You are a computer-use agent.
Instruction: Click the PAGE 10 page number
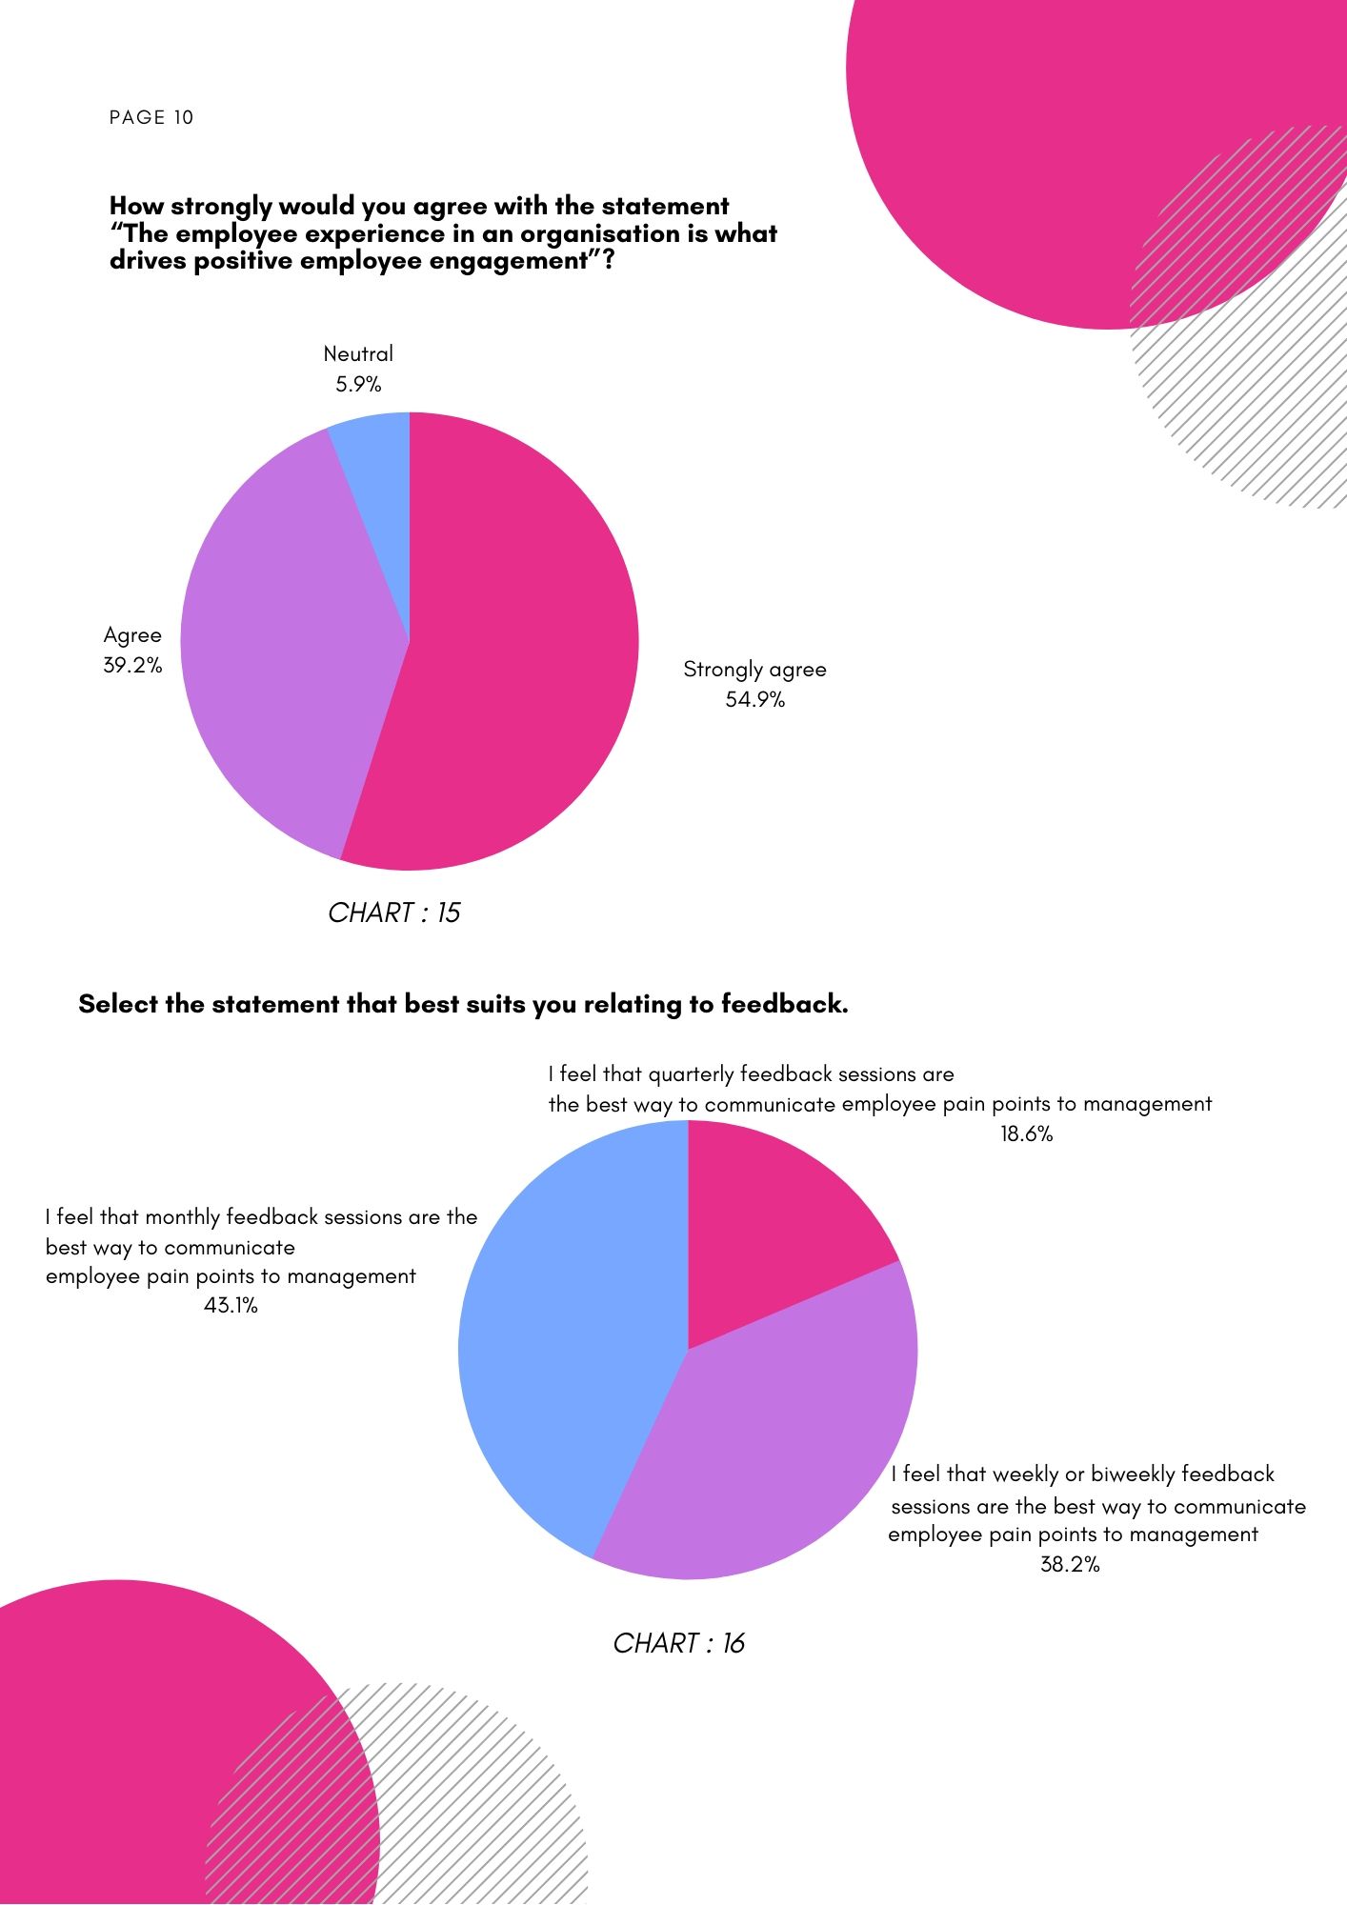tap(151, 117)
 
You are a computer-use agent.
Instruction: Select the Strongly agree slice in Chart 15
tap(514, 648)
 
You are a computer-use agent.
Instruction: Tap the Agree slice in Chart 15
tap(286, 638)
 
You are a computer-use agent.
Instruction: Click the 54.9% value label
tap(755, 700)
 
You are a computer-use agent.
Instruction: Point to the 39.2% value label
tap(132, 665)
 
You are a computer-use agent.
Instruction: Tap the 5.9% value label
tap(358, 385)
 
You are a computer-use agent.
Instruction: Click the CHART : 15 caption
tap(393, 912)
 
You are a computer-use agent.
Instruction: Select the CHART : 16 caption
tap(678, 1643)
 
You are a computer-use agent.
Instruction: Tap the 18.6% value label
tap(1026, 1134)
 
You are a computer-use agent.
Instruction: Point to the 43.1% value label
tap(231, 1306)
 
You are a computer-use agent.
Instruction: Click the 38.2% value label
tap(1070, 1565)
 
